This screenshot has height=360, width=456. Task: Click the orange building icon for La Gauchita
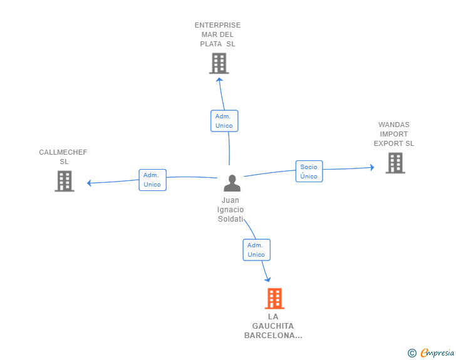[274, 299]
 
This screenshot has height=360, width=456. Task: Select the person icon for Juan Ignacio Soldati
[232, 183]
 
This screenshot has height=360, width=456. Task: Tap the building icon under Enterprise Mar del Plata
[219, 63]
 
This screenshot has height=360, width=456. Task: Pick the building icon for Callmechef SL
[65, 181]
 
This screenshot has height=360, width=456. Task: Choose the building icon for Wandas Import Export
[395, 163]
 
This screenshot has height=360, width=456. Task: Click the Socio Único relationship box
[309, 172]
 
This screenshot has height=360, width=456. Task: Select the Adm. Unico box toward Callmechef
[152, 180]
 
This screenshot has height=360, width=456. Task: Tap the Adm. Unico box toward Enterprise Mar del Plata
[224, 121]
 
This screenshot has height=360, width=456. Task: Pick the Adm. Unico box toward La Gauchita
[257, 250]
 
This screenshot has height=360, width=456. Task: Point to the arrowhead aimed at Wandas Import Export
[372, 167]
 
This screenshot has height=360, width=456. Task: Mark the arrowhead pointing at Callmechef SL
[90, 183]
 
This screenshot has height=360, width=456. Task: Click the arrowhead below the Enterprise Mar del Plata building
[220, 80]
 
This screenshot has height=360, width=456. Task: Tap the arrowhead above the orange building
[268, 279]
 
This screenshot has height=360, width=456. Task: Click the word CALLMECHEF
[63, 152]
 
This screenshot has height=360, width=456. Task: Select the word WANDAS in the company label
[394, 125]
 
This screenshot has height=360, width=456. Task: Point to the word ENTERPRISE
[217, 25]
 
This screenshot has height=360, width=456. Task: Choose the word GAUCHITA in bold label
[273, 326]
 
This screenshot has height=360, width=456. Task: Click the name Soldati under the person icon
[231, 219]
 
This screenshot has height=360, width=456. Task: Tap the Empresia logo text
[437, 352]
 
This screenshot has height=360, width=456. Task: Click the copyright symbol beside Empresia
[412, 353]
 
